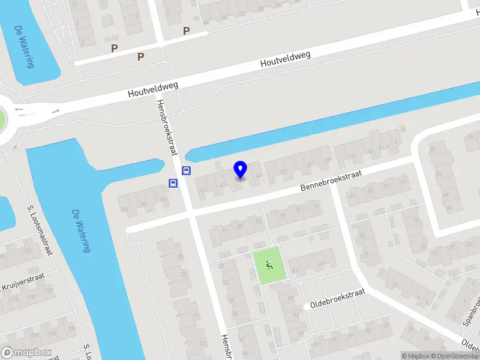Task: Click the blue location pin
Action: coord(241,169)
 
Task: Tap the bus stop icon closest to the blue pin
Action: coord(187,170)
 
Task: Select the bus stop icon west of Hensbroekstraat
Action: coord(173,184)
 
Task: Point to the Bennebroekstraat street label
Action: coord(332,180)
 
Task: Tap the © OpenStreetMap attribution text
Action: coord(454,356)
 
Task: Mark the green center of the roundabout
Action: coord(2,119)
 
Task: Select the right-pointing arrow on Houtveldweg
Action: coord(55,112)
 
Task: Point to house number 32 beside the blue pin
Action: coord(259,175)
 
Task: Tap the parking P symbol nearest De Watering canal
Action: coord(113,48)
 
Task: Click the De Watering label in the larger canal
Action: coord(79,231)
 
